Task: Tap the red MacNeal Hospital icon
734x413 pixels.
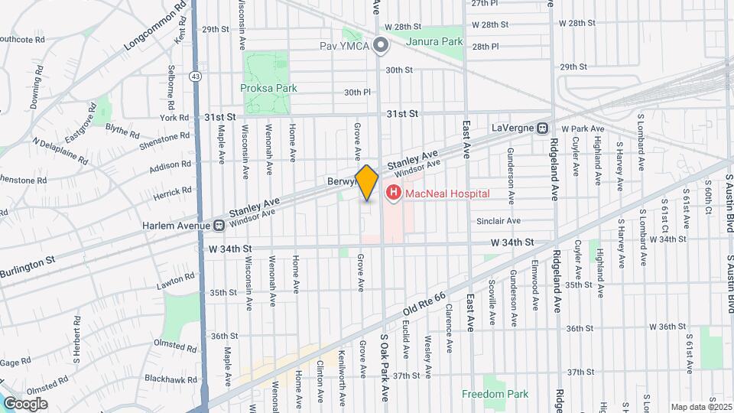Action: tap(393, 193)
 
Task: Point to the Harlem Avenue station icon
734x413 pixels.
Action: tap(219, 226)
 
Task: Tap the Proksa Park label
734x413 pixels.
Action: tap(268, 88)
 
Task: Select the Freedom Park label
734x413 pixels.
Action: tap(495, 394)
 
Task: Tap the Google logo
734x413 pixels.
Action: tap(25, 403)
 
